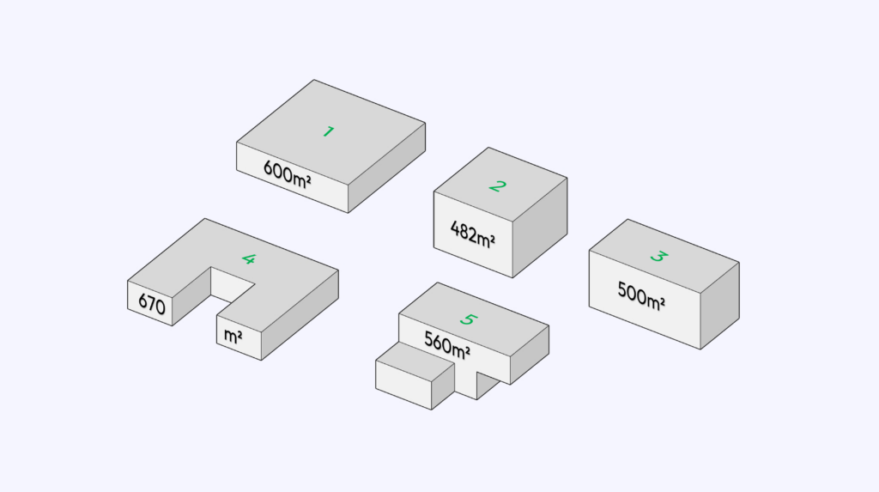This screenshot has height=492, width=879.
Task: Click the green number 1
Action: (329, 131)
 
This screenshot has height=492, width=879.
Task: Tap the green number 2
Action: (497, 185)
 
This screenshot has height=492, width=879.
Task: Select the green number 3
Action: (659, 257)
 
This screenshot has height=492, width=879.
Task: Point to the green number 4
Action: (249, 258)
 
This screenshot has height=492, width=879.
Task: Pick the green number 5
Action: (468, 319)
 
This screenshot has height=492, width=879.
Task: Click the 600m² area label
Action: (287, 174)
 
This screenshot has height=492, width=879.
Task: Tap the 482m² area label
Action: (473, 234)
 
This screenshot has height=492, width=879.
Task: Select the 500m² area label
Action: (640, 295)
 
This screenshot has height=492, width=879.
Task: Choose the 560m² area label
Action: (446, 344)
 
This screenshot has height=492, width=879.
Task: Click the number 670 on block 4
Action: (151, 303)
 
